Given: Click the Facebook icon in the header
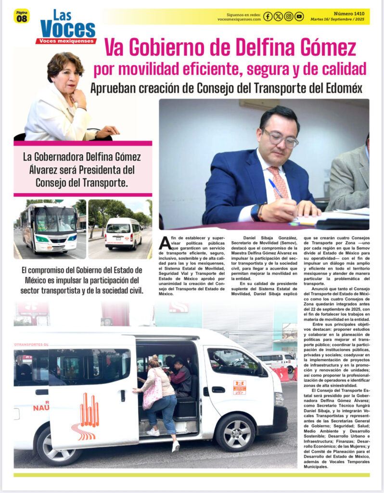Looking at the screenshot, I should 268,16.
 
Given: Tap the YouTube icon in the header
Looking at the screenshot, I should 299,16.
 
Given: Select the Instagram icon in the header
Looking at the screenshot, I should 289,16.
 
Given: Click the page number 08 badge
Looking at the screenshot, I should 22,17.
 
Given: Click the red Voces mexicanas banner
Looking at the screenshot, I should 66,41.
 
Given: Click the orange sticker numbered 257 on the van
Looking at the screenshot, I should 239,388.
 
